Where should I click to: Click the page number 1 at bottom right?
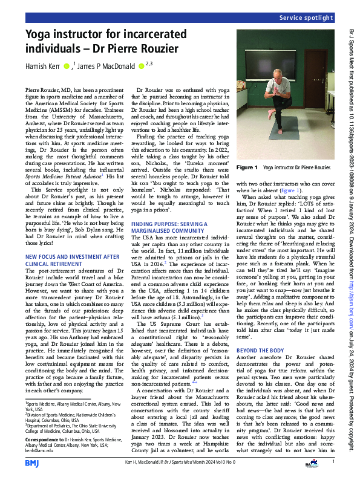point(333,461)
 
